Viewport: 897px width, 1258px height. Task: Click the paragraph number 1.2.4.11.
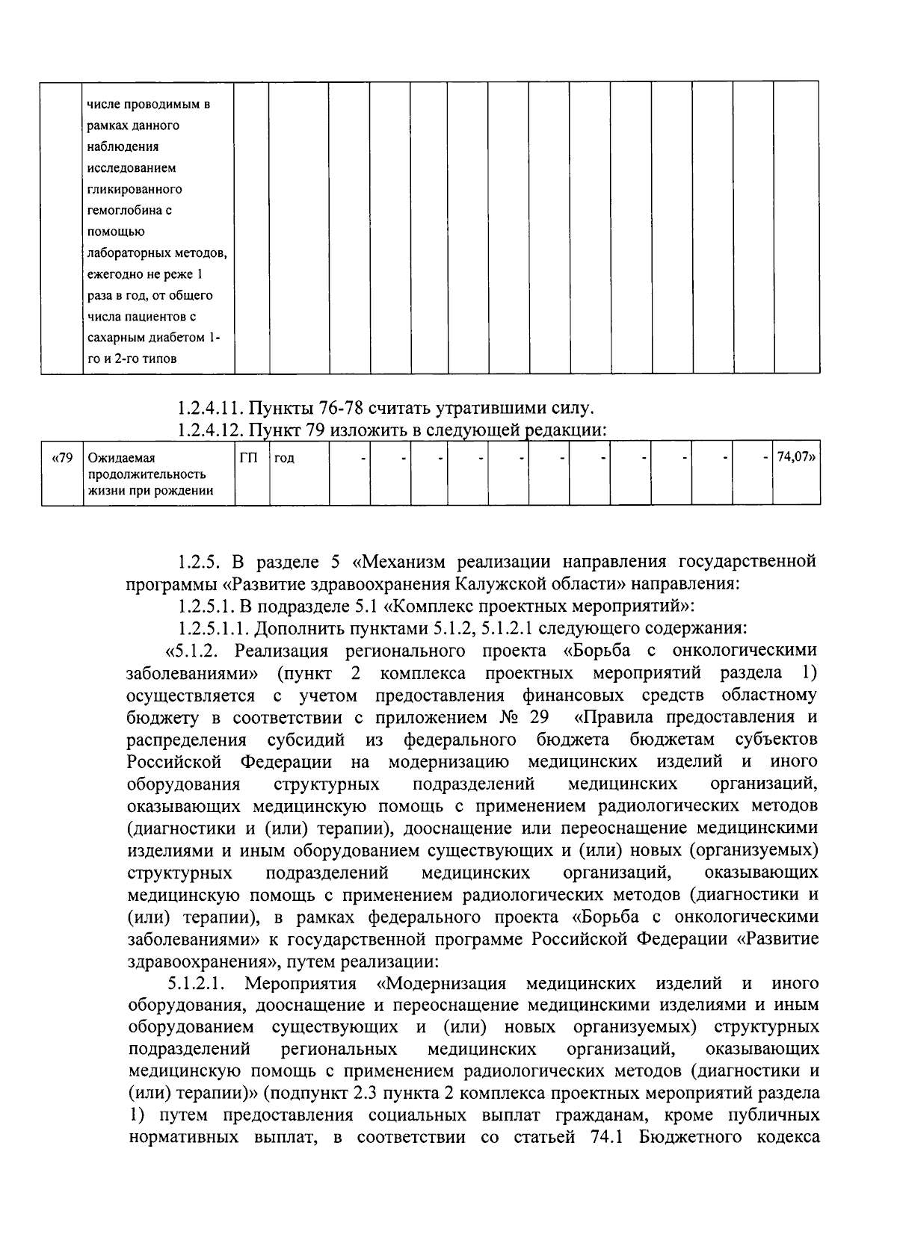pyautogui.click(x=210, y=408)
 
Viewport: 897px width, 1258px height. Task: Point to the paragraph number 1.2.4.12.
pyautogui.click(x=210, y=430)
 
